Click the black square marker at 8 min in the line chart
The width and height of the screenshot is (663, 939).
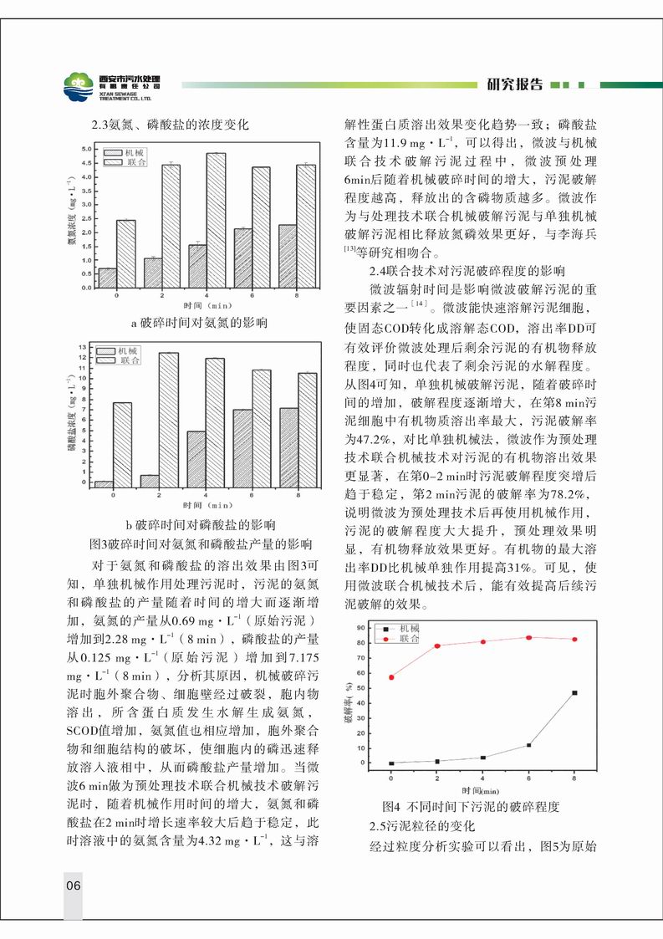click(574, 693)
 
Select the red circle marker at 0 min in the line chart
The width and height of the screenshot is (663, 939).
click(391, 677)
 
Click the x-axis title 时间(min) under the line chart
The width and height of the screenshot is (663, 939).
click(481, 790)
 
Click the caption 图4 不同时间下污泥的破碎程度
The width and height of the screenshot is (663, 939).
click(469, 808)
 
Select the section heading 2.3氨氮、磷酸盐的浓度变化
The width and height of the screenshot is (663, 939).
click(170, 126)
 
